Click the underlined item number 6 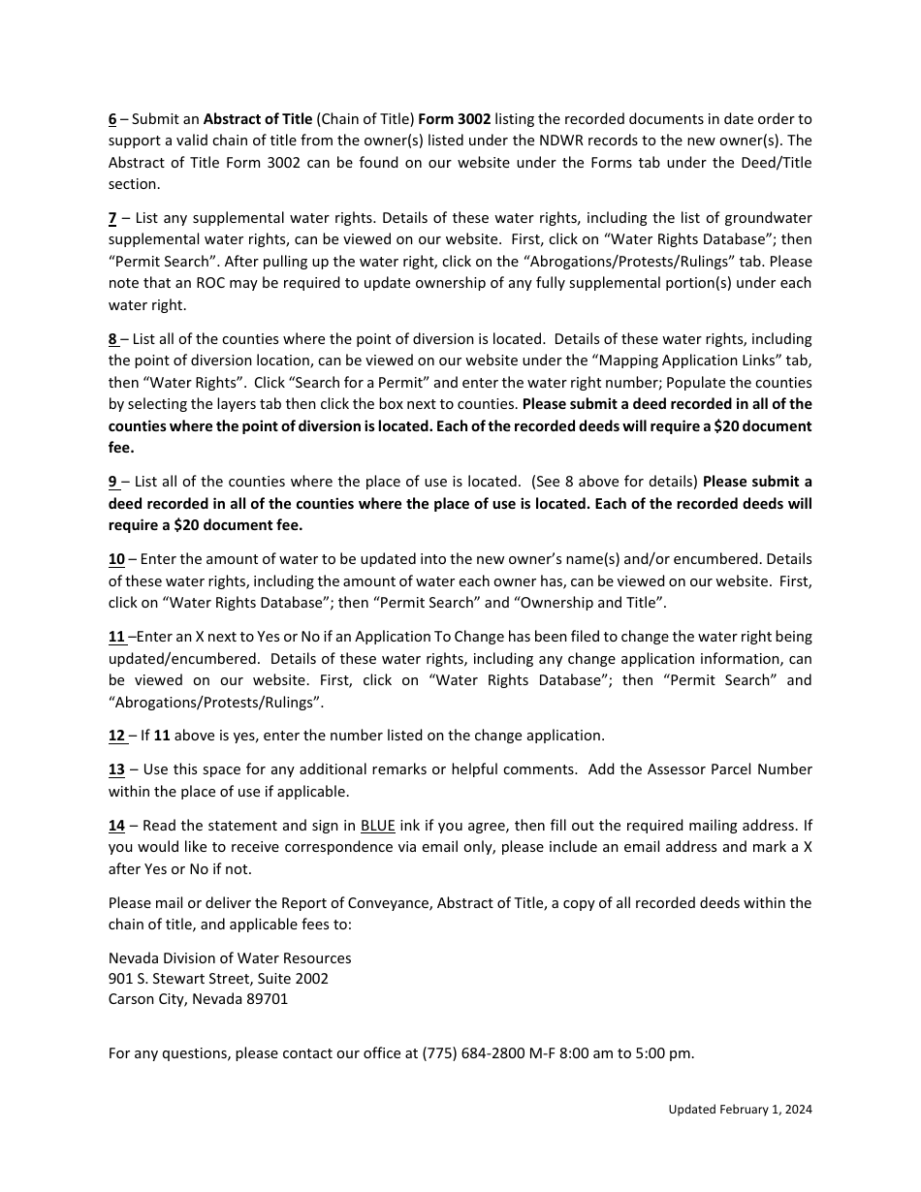pyautogui.click(x=112, y=119)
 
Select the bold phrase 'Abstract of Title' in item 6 pyautogui.click(x=257, y=119)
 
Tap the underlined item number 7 pyautogui.click(x=112, y=218)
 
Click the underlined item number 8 pyautogui.click(x=112, y=339)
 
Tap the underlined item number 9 pyautogui.click(x=112, y=482)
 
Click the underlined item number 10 pyautogui.click(x=116, y=559)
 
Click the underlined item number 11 pyautogui.click(x=116, y=637)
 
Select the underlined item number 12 pyautogui.click(x=116, y=736)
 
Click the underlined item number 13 pyautogui.click(x=116, y=769)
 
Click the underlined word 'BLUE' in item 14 pyautogui.click(x=377, y=826)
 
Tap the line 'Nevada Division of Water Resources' pyautogui.click(x=230, y=958)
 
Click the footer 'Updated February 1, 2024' pyautogui.click(x=740, y=1110)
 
